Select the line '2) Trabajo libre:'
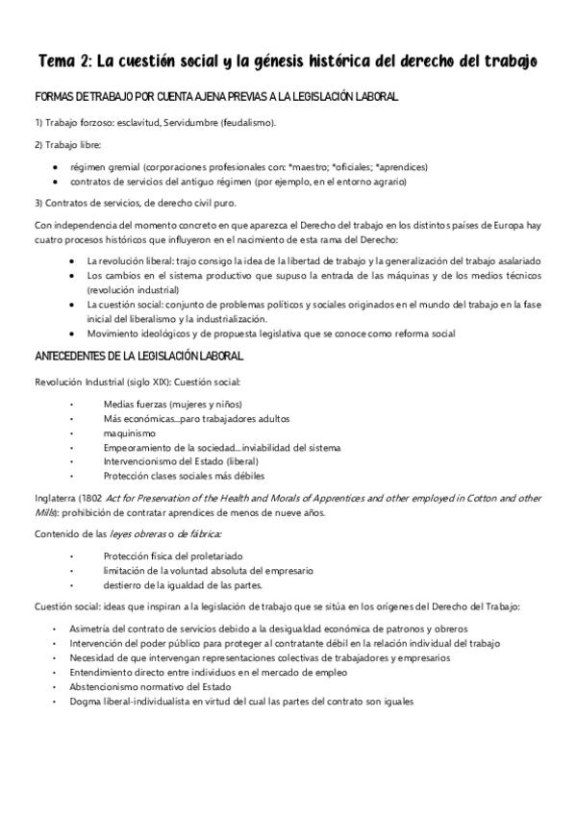click(62, 145)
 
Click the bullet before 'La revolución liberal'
click(75, 260)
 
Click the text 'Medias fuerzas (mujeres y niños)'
click(172, 404)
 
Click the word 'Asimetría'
click(93, 629)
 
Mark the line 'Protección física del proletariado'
click(174, 556)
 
